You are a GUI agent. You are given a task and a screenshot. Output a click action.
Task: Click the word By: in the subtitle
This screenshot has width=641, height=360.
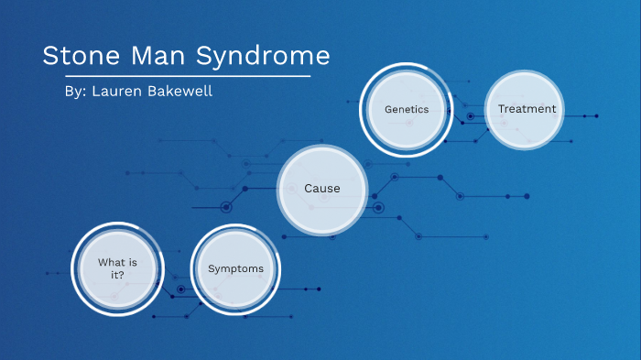point(69,93)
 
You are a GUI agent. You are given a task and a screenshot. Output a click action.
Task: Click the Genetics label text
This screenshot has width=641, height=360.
point(407,109)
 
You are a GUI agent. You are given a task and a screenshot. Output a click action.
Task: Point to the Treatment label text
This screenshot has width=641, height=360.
point(527,109)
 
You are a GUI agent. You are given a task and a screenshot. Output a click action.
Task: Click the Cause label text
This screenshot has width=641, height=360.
point(322,189)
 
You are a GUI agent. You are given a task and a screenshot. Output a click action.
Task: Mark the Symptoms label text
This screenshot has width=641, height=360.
point(235,268)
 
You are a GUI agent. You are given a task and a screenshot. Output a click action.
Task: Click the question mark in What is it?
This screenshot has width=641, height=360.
point(123,274)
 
